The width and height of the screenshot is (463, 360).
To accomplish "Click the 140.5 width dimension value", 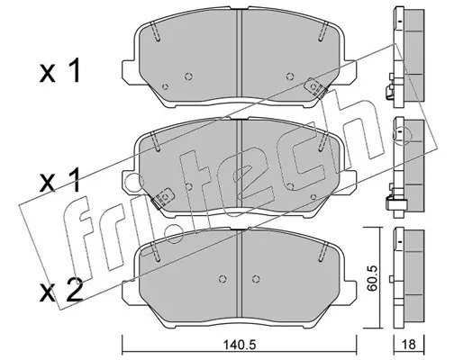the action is point(240,345).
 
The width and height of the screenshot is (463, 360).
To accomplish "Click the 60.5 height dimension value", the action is point(372,278).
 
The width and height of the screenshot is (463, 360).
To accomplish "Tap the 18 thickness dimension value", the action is point(409,345).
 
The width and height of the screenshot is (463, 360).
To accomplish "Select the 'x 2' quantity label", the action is point(61,290).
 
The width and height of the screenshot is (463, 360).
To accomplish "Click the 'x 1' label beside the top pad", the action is point(60,70).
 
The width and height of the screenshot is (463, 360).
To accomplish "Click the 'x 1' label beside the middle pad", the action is point(60,180).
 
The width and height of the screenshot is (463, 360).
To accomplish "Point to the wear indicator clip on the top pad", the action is point(315,87).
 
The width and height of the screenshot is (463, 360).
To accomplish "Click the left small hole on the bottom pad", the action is point(222,279).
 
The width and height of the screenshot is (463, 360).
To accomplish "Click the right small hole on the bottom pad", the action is point(256,279).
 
